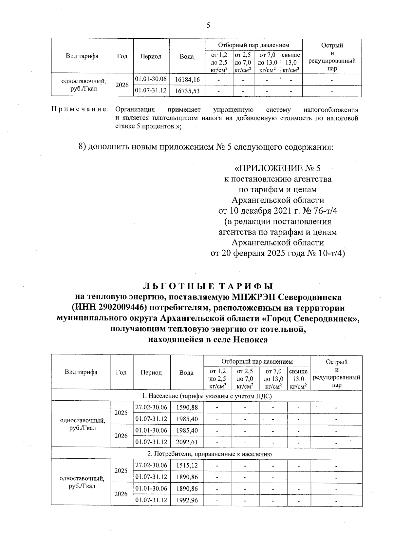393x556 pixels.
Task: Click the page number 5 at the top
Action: click(208, 25)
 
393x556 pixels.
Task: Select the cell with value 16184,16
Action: click(187, 80)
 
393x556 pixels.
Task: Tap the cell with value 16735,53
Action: click(187, 91)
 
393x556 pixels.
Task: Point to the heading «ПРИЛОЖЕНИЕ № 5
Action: click(278, 168)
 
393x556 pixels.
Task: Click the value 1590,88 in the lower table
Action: click(187, 407)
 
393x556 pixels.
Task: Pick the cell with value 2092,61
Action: click(187, 442)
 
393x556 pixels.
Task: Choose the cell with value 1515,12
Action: click(187, 465)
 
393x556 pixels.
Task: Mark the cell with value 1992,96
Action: click(187, 500)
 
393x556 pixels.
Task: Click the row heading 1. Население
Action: click(207, 396)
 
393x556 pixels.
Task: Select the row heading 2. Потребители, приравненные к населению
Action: click(207, 454)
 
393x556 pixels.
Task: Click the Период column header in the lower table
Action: click(151, 373)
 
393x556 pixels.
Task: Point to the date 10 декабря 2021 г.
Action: click(265, 211)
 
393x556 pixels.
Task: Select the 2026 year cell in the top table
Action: click(122, 85)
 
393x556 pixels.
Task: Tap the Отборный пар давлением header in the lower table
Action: click(257, 361)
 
